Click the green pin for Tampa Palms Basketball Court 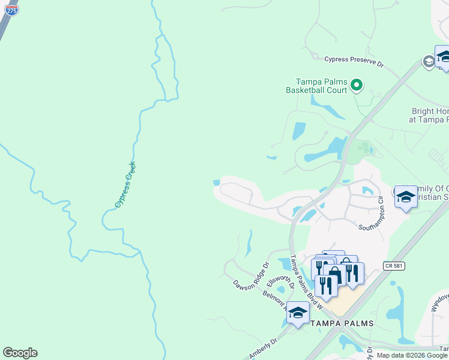(x=357, y=85)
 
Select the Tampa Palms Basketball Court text (x=322, y=86)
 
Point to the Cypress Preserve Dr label (x=353, y=59)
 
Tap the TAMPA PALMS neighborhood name (x=342, y=323)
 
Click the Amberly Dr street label (x=261, y=348)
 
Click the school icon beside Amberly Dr (x=298, y=313)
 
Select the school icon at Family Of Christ (x=406, y=196)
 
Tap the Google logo (x=20, y=353)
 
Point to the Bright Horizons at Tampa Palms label (x=430, y=115)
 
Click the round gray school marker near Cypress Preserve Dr (x=428, y=62)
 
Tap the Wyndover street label (x=438, y=303)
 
